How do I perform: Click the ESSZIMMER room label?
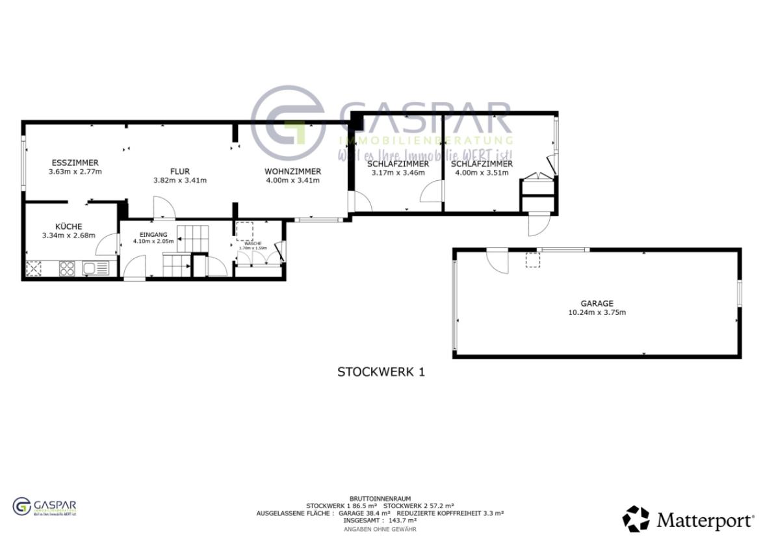(x=75, y=163)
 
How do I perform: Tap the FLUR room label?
(x=180, y=171)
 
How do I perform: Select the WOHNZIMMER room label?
(x=292, y=171)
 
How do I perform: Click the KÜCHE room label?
(x=68, y=226)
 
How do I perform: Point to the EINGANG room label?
(x=154, y=234)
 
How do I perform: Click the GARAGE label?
(x=597, y=303)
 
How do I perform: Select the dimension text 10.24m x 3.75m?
(x=597, y=312)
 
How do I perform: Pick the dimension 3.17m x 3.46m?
(x=398, y=173)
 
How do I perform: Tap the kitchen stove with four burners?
(x=68, y=267)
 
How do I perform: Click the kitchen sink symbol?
(x=95, y=267)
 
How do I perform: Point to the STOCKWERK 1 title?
(x=381, y=372)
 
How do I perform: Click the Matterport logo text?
(x=705, y=520)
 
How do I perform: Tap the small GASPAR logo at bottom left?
(x=45, y=507)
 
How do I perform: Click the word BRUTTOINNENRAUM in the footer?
(x=380, y=498)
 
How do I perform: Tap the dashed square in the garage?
(x=532, y=261)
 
